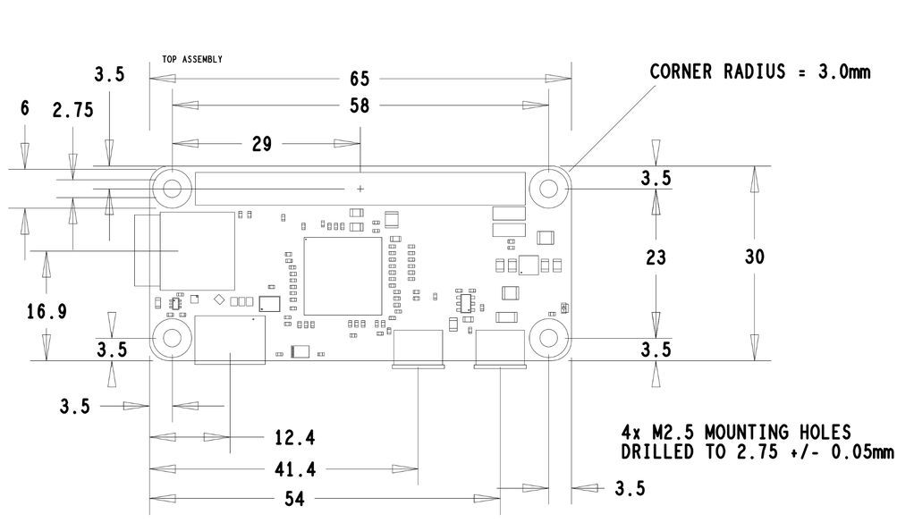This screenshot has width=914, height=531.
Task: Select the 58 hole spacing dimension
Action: coord(360,105)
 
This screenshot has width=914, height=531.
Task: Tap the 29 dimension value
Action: coord(261,144)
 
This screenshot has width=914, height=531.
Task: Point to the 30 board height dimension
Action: coord(754,257)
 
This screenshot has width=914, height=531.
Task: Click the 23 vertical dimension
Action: coord(656,257)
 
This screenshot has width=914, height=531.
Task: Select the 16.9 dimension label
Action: coord(47,312)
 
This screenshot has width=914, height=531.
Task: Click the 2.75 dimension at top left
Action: coord(72,110)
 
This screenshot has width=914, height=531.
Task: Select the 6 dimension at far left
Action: coord(24,108)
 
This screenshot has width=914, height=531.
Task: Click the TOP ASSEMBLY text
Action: coord(192,59)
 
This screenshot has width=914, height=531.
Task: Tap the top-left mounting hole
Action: coord(171,189)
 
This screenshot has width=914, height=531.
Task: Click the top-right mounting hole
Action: coord(548,189)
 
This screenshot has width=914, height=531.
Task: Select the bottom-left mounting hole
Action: coord(171,340)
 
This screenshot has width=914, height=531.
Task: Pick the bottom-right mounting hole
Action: coord(548,340)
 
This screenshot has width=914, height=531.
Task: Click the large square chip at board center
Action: coord(342,276)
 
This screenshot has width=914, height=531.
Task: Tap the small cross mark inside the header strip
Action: coord(360,189)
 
